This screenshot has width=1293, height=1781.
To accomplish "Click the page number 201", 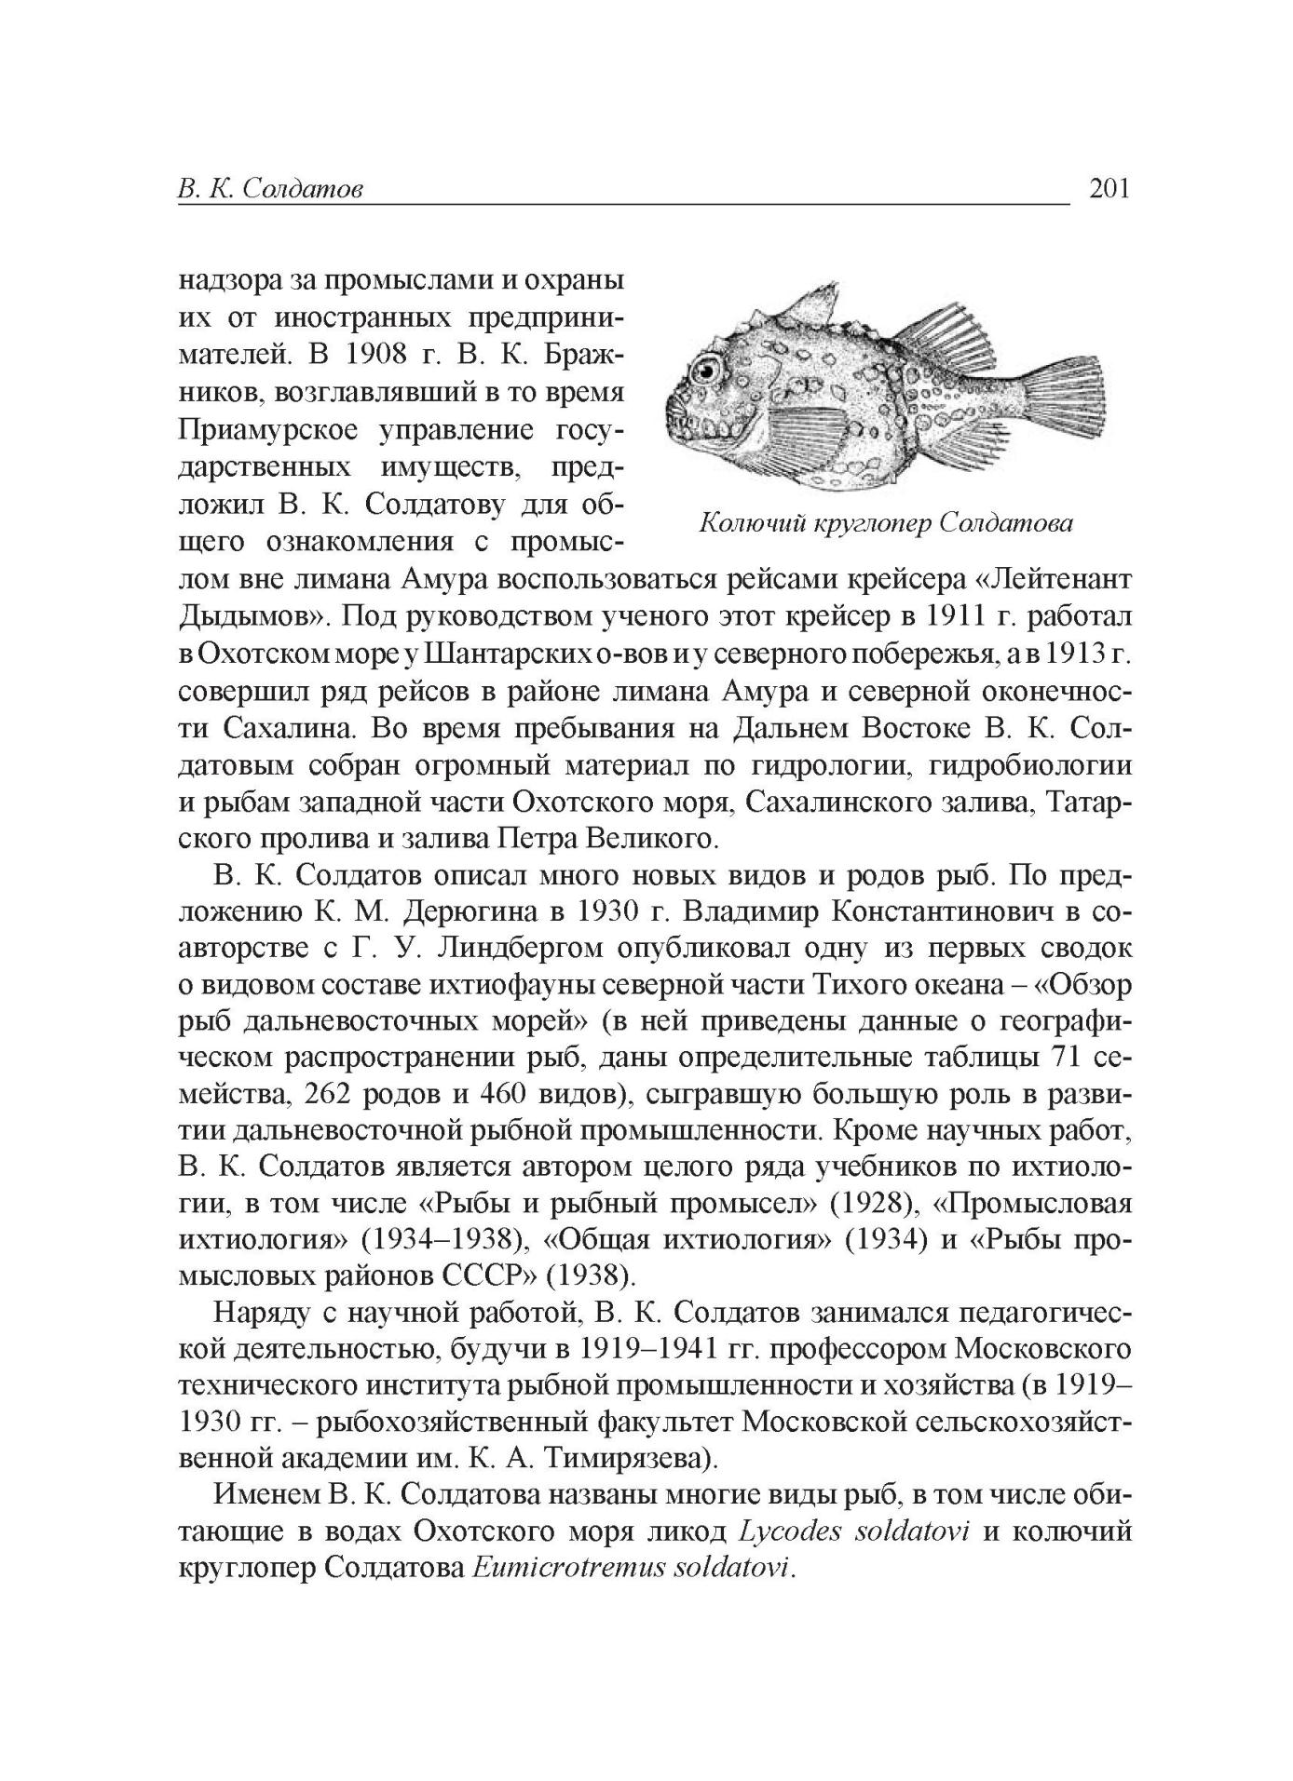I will [1109, 189].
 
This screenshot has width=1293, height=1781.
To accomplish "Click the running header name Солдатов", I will [301, 190].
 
